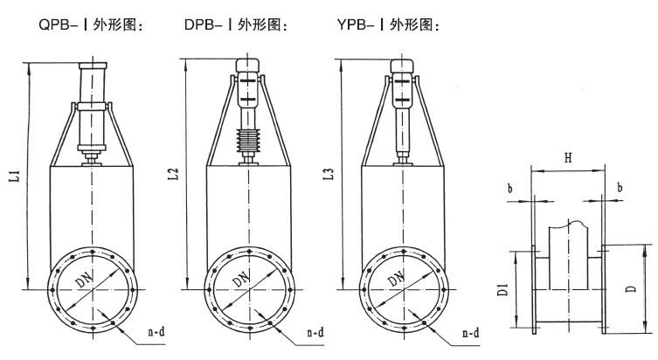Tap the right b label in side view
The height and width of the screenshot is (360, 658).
point(620,188)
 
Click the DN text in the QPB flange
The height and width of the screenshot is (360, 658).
point(87,282)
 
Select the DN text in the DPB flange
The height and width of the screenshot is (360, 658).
point(241,282)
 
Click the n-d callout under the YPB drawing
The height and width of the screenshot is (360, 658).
point(470,333)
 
